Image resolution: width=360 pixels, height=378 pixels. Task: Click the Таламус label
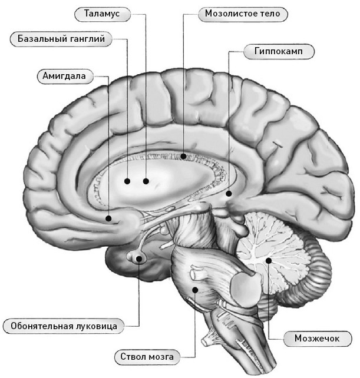(103, 14)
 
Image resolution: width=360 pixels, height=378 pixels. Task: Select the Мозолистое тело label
(243, 14)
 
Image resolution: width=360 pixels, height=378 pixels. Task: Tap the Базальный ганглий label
(61, 39)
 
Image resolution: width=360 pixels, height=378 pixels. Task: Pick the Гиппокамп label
(279, 51)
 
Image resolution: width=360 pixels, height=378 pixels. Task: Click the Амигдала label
(65, 76)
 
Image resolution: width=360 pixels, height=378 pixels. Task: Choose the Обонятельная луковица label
(64, 326)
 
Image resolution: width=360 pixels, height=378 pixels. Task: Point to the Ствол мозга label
(147, 357)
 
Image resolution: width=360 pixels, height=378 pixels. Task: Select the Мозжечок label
(317, 339)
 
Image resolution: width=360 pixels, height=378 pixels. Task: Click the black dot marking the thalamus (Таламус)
(146, 181)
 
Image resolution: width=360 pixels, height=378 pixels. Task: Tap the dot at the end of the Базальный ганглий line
(127, 181)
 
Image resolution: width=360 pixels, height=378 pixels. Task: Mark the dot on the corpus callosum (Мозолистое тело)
(183, 157)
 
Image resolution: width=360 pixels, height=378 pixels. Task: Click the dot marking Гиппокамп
(229, 193)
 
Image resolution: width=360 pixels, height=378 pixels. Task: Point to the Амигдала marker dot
(108, 218)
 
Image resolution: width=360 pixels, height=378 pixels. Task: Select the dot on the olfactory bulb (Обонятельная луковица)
(139, 259)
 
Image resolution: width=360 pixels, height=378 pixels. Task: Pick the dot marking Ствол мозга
(195, 290)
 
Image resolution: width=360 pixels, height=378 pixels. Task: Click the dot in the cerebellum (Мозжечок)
(268, 261)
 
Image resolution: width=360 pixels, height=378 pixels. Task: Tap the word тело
(270, 14)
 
